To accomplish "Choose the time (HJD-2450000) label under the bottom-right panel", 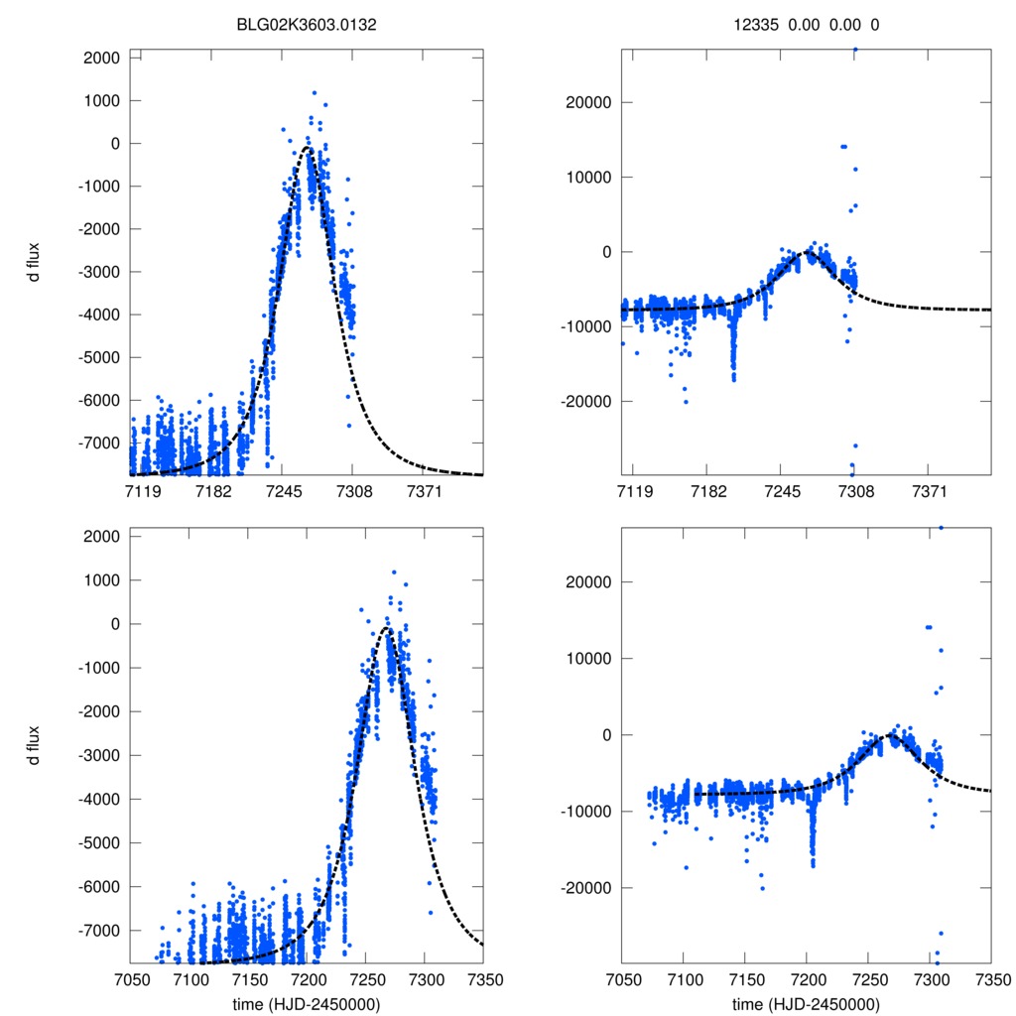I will pos(806,1003).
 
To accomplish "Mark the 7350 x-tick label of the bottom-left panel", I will pos(484,978).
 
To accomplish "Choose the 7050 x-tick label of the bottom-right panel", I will pos(621,978).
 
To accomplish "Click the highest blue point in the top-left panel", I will pos(315,93).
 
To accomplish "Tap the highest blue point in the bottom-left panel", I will pos(394,571).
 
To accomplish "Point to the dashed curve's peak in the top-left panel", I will pos(309,148).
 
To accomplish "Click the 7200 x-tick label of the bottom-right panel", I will pos(807,978).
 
